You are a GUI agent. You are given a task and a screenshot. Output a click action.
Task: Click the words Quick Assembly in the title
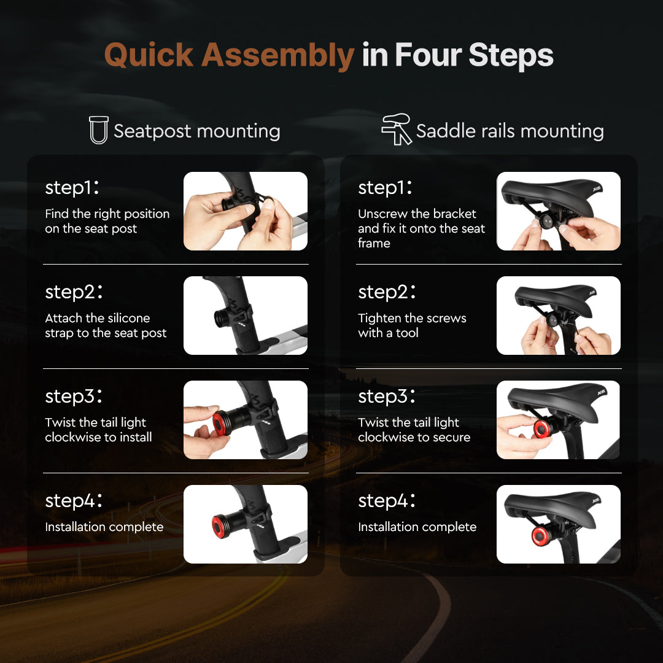(229, 55)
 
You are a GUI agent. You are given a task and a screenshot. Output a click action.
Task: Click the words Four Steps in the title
(474, 55)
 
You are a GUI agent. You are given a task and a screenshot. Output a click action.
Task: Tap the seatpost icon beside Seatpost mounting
(98, 130)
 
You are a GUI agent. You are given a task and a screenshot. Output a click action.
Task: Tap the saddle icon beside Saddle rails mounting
(396, 129)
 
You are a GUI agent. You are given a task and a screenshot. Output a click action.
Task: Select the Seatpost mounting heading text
(196, 131)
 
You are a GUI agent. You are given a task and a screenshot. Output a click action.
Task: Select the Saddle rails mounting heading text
(510, 131)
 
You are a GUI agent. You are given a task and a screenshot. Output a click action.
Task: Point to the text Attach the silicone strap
(106, 325)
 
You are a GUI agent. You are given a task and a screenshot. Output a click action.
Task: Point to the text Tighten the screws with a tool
(412, 325)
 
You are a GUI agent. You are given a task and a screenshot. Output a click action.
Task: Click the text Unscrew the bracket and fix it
(421, 228)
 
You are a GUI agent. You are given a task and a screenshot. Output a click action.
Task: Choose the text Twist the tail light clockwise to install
(98, 430)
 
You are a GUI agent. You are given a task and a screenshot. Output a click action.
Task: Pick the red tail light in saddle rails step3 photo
(541, 428)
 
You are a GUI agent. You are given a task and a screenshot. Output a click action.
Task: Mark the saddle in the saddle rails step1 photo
(559, 193)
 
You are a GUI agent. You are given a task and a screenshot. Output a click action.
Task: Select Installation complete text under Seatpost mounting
(104, 527)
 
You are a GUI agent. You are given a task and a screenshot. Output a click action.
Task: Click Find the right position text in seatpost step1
(107, 221)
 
